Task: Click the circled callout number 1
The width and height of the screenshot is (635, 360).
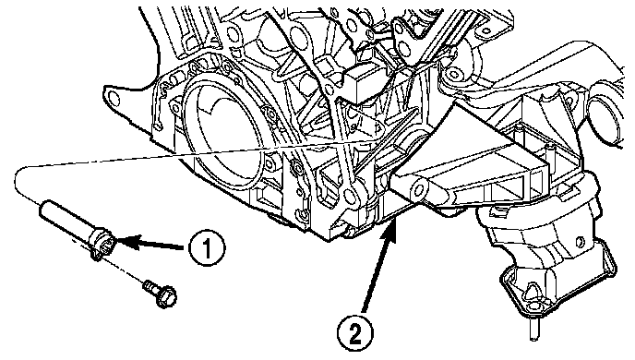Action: coord(207,247)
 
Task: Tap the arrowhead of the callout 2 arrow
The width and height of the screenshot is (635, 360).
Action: coord(393,229)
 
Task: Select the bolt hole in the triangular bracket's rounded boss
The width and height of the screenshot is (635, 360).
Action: coord(420,188)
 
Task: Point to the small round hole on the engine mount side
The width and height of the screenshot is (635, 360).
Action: coord(581,241)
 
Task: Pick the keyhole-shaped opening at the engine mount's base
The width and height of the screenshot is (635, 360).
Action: coord(532,293)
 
